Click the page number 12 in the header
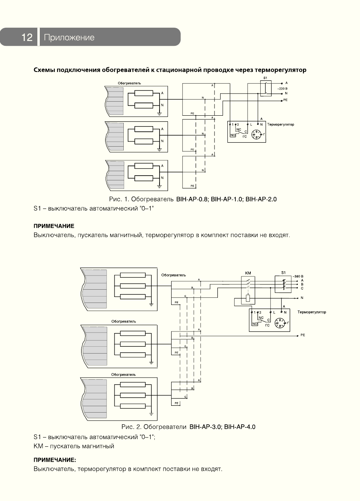27,37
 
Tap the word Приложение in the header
69,38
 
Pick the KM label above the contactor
248,273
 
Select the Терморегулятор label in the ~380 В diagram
312,312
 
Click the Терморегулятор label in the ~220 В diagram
280,125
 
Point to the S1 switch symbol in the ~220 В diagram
264,88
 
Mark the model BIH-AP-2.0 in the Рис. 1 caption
261,199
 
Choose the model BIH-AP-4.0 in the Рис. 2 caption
240,427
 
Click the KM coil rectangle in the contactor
248,299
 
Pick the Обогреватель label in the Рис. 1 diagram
129,83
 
